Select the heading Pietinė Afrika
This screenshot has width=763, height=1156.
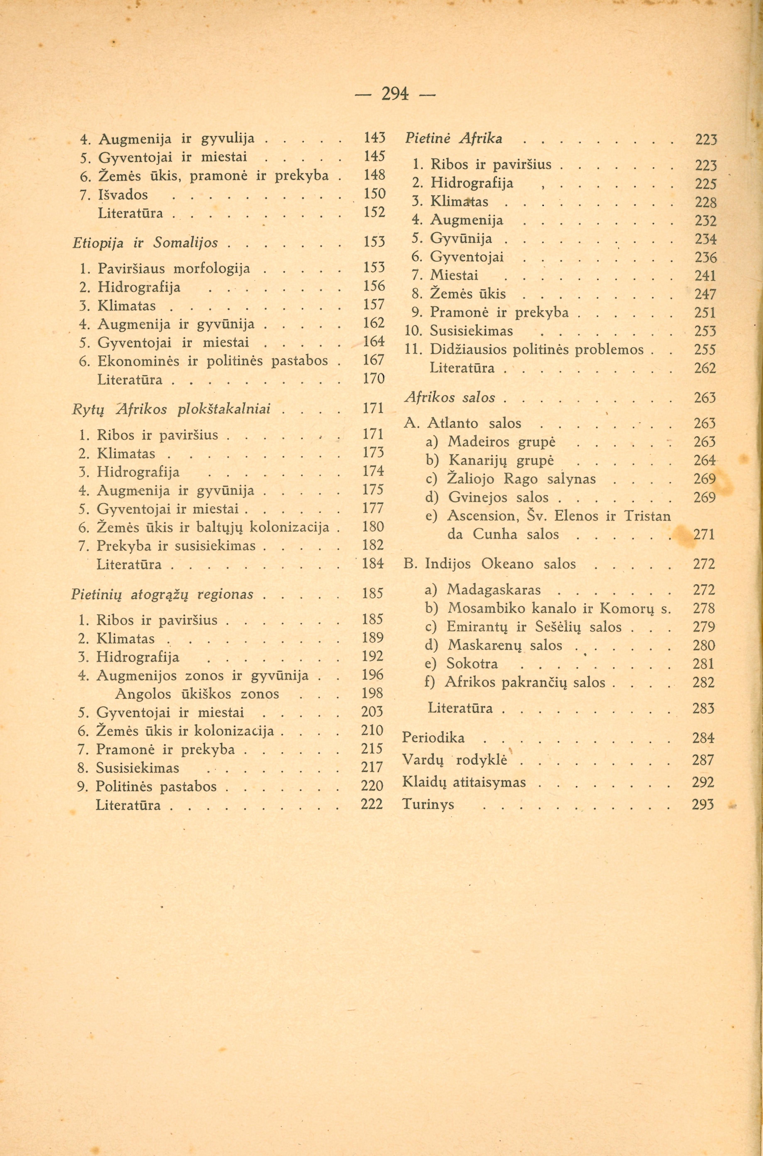(x=453, y=139)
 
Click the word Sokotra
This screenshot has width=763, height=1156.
(x=472, y=664)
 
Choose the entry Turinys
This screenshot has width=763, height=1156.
(x=428, y=804)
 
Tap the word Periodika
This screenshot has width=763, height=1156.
(x=433, y=738)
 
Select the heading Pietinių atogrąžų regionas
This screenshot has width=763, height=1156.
(x=162, y=594)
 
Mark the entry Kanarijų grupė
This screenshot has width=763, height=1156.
(x=501, y=461)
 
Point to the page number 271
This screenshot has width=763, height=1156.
(x=704, y=535)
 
